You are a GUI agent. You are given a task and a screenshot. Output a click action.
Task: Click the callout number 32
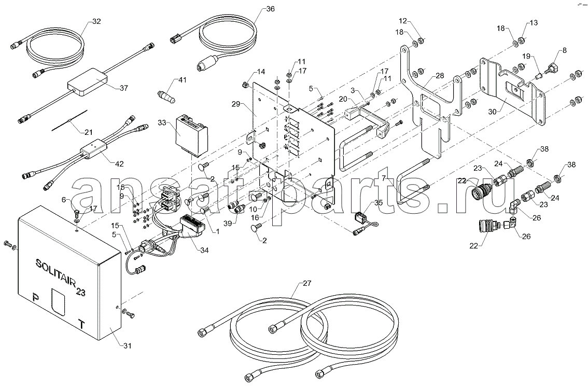[96, 21]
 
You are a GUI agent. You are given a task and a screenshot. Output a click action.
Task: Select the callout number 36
[270, 9]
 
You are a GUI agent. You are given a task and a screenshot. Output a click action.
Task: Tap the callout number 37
[123, 88]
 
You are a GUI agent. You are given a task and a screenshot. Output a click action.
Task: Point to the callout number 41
[182, 80]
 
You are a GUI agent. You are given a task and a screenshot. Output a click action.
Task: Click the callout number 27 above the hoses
[307, 283]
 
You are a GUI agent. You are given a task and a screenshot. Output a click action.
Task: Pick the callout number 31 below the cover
[127, 345]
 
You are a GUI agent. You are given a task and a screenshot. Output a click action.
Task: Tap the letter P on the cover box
[36, 298]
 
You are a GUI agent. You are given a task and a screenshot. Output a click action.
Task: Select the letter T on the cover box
[81, 324]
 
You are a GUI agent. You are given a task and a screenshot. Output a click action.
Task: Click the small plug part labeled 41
[167, 97]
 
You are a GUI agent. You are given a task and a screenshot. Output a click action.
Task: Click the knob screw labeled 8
[553, 70]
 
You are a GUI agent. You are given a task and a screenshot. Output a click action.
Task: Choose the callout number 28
[440, 76]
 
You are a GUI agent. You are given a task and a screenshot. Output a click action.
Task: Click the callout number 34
[204, 251]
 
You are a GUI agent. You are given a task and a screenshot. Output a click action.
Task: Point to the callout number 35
[378, 203]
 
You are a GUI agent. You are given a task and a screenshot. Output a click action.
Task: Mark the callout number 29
[236, 104]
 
